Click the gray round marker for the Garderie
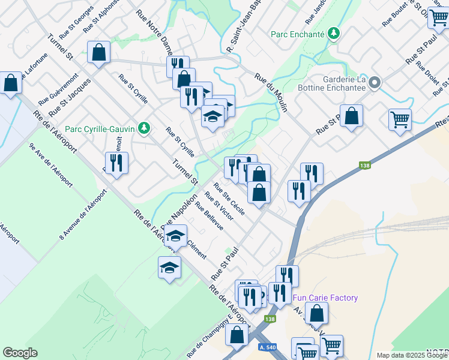[x=375, y=83]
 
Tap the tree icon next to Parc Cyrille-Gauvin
[x=143, y=128]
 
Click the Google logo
[x=20, y=353]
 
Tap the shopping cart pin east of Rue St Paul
[x=399, y=118]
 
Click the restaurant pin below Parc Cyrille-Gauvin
[x=116, y=163]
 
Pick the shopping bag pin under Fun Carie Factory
[x=316, y=312]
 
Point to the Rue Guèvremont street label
[x=58, y=90]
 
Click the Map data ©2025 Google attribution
[x=412, y=355]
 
